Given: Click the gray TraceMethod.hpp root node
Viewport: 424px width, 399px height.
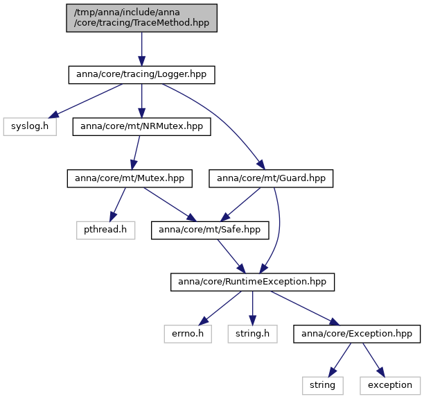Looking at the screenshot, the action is click(x=142, y=18).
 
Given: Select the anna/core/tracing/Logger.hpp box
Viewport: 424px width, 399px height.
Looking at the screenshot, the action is click(x=142, y=75).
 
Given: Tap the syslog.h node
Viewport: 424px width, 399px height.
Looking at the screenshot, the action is click(x=30, y=126).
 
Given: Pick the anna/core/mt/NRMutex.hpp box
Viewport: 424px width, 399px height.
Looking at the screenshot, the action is click(x=142, y=126).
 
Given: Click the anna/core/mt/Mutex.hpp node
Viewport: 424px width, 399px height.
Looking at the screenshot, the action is click(x=130, y=178).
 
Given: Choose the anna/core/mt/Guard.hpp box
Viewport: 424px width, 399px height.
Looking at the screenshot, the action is click(x=271, y=178).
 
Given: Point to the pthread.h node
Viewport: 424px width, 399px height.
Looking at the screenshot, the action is click(x=105, y=230).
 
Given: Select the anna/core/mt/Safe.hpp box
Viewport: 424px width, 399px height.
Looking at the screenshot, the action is click(x=210, y=230).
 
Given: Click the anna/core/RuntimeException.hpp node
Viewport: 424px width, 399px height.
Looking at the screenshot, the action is click(x=253, y=282).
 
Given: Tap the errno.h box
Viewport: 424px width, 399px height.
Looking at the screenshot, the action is click(x=188, y=334).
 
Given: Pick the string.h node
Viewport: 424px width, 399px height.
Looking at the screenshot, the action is click(x=253, y=334).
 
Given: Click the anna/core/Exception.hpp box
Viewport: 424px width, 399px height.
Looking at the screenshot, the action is click(x=357, y=334).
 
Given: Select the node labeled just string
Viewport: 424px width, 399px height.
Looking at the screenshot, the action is click(x=323, y=386).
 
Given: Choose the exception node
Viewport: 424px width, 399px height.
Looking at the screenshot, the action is click(x=390, y=386).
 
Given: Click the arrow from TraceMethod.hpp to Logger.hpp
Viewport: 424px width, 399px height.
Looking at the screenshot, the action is click(x=142, y=49).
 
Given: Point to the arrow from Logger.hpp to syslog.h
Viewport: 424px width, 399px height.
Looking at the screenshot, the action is click(x=85, y=101).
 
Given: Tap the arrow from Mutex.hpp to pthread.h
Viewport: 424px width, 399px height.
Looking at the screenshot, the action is click(x=118, y=205).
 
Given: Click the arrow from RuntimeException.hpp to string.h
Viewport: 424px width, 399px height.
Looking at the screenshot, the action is click(x=253, y=308).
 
